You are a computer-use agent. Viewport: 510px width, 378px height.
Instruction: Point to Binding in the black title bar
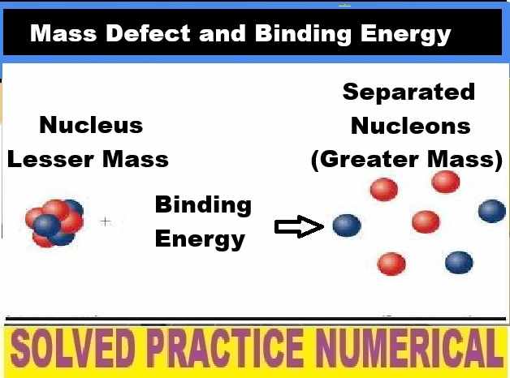coord(274,34)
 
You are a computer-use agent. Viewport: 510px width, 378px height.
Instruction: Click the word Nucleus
coord(90,125)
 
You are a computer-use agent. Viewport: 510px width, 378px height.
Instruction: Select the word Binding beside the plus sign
coord(203,205)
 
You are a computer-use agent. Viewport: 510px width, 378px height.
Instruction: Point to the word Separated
coord(408,92)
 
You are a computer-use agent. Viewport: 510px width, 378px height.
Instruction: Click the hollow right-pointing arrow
coord(299,228)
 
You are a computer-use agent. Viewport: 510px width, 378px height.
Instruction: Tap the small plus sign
coord(106,221)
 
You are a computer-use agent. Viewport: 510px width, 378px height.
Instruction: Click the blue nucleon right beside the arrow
coord(347,226)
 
